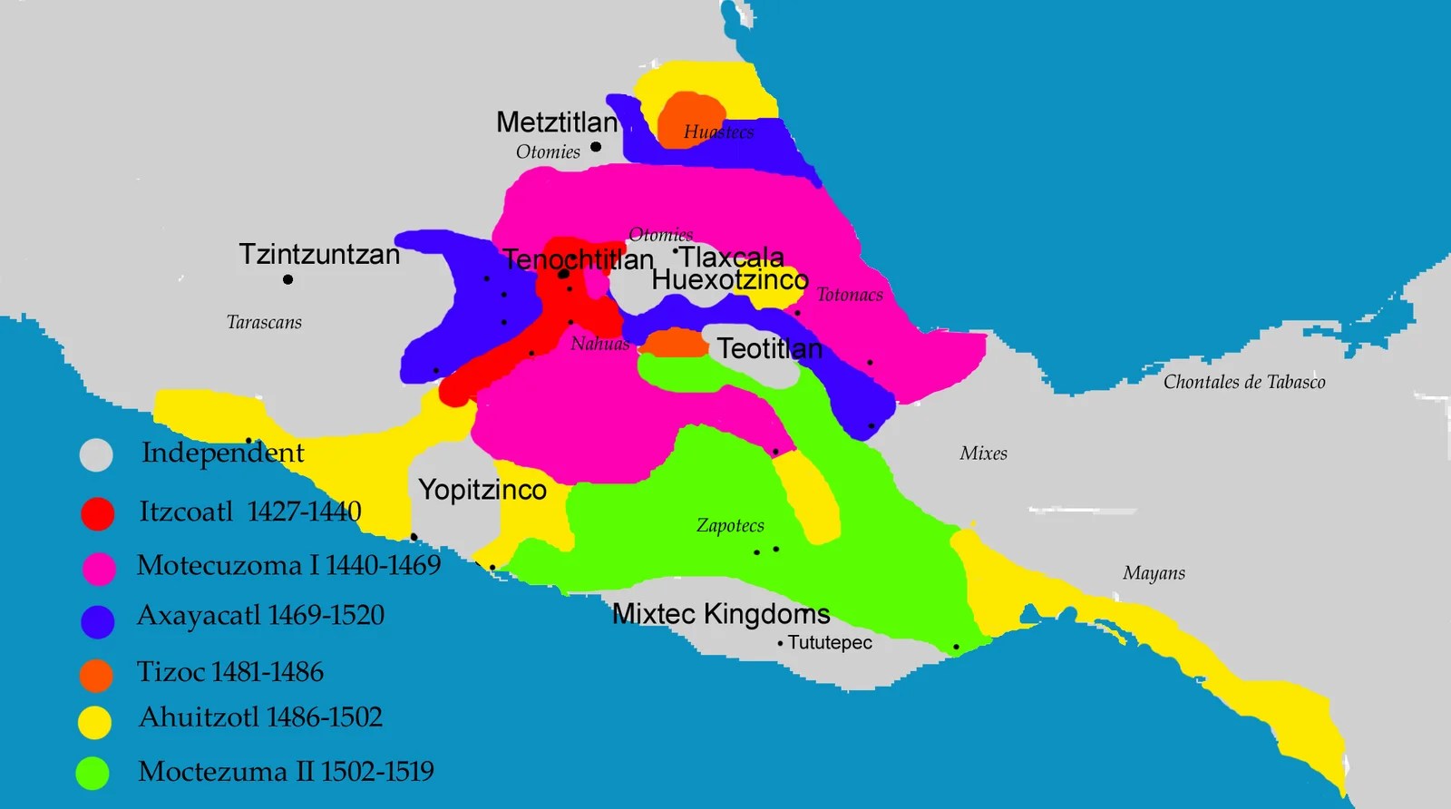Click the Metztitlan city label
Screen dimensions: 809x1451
click(557, 122)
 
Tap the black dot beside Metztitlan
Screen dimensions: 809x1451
click(596, 147)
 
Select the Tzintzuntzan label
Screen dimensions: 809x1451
click(319, 254)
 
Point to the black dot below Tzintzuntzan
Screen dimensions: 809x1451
click(287, 279)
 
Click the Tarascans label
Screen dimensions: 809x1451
click(264, 322)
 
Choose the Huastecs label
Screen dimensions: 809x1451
click(718, 132)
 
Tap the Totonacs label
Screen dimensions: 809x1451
click(850, 295)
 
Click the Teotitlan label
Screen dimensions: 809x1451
click(770, 348)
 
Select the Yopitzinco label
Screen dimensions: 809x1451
click(482, 490)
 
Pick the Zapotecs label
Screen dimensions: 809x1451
click(730, 525)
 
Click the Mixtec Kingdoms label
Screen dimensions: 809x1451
click(721, 614)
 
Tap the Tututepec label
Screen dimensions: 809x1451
click(829, 643)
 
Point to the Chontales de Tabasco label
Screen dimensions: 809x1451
click(1244, 382)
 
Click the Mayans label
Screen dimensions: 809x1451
click(1154, 573)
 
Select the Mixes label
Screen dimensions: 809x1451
click(983, 453)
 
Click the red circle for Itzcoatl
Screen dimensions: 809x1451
click(98, 513)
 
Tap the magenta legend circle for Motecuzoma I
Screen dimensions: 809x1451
click(99, 569)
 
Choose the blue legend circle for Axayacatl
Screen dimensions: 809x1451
click(98, 622)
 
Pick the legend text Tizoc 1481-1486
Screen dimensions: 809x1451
click(230, 672)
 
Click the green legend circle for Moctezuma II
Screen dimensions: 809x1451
click(93, 773)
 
